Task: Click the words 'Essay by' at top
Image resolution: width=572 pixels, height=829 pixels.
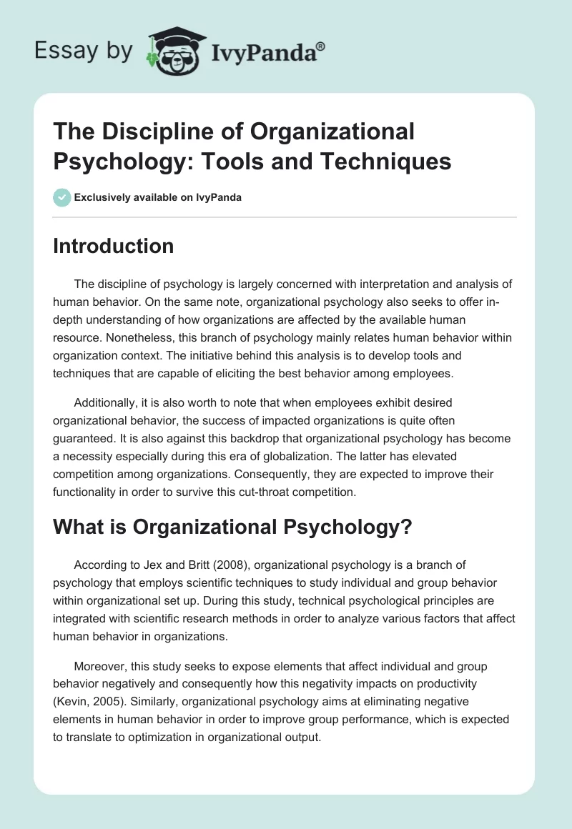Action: tap(84, 51)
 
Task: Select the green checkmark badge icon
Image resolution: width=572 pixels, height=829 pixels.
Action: tap(61, 197)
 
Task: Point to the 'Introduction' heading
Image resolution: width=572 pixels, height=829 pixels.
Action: tap(114, 247)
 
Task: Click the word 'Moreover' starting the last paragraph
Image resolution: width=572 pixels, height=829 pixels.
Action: tap(100, 666)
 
